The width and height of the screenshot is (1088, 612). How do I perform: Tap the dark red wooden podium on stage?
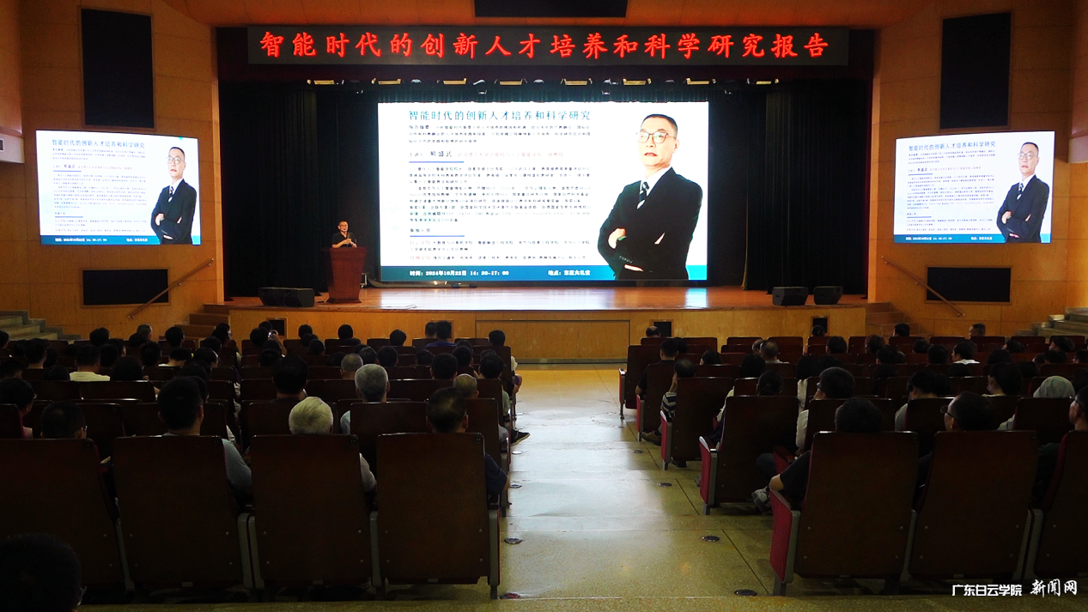347,274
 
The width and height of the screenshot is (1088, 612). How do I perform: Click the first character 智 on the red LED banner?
271,45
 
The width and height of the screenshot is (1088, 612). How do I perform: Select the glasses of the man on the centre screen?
655,136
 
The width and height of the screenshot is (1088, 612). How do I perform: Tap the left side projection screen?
119,188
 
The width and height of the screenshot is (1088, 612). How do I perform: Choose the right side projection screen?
974,187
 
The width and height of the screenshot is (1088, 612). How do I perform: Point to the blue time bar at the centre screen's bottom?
543,273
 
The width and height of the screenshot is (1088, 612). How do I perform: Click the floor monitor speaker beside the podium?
287,297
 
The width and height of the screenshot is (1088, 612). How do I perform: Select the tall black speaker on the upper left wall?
118,69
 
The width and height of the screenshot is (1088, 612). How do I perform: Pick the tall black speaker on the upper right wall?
975,70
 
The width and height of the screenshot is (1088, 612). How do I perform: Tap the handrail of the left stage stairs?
172,288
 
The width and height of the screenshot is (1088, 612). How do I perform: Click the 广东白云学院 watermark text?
987,590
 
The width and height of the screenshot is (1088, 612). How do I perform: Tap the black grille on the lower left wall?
125,287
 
